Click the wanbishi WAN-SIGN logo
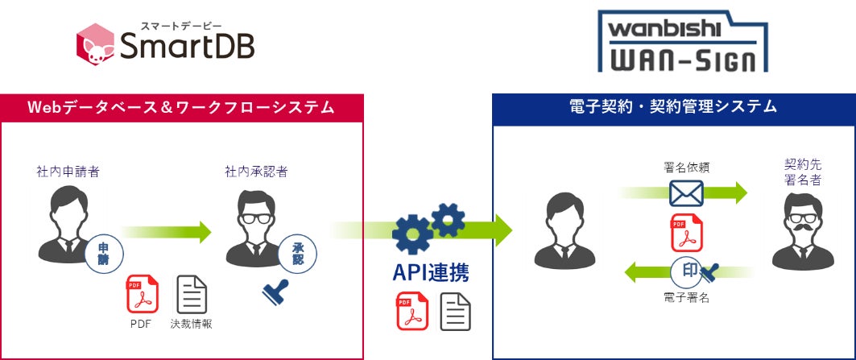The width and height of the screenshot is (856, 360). (683, 42)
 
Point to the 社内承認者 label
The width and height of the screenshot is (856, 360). (257, 171)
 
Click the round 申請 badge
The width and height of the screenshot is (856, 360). (103, 254)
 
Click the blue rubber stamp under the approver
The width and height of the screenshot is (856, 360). (275, 292)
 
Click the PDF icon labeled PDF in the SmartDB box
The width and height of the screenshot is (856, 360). (142, 295)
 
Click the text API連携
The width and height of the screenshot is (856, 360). (431, 272)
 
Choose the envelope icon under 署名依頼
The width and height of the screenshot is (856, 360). (686, 193)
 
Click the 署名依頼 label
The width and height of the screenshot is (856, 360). (687, 168)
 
